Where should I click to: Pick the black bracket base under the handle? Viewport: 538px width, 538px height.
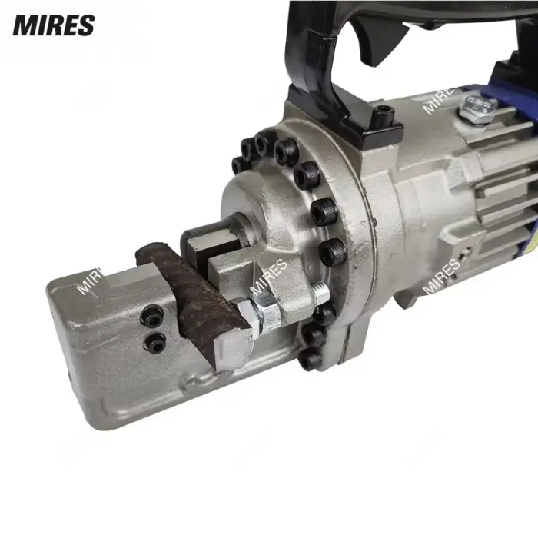[x=338, y=115]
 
